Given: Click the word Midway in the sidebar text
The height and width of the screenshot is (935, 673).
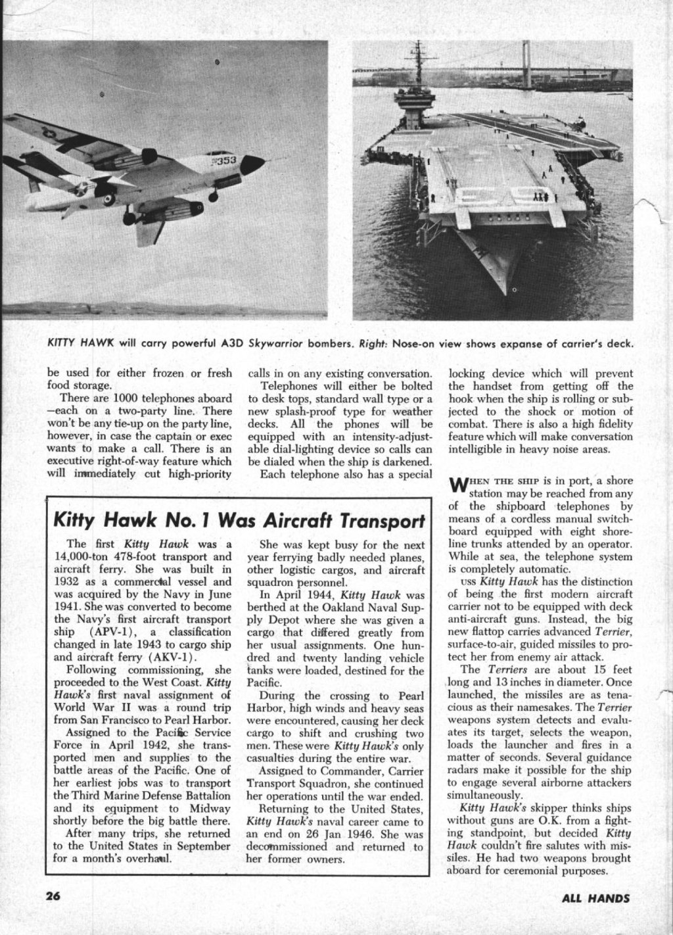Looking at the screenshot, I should coord(212,809).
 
